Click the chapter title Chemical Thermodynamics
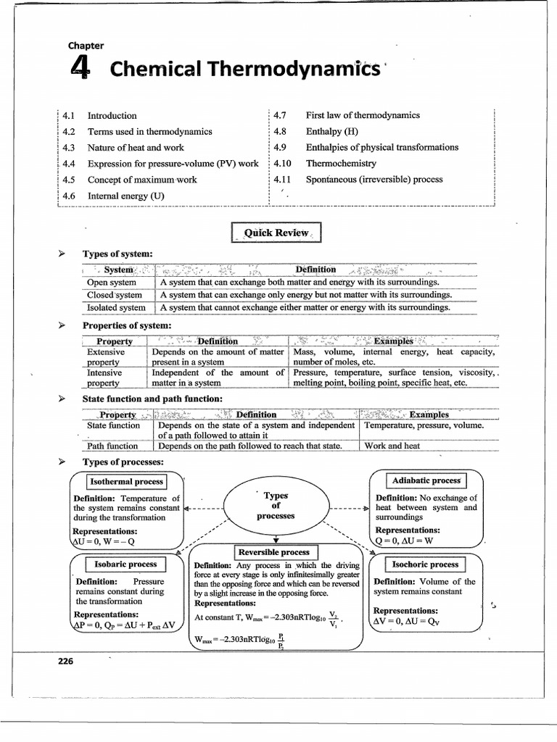point(244,70)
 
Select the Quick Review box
point(276,233)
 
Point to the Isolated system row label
point(116,307)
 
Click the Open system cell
point(111,282)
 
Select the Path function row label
point(112,446)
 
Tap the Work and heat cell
point(392,446)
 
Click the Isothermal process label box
point(126,482)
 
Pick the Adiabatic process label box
point(426,480)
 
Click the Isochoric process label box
point(424,564)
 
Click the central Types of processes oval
point(276,506)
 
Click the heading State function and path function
point(152,399)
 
